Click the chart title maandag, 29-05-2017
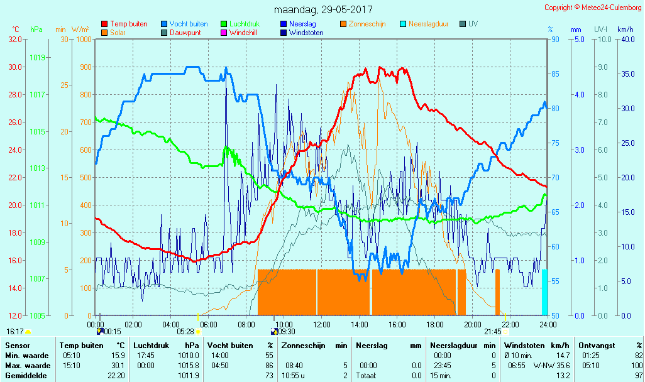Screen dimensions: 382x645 [x=323, y=10]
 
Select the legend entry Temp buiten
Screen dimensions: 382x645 [x=128, y=24]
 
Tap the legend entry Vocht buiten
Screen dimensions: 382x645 [x=188, y=24]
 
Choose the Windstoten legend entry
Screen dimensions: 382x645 [x=306, y=33]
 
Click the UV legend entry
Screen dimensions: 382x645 [x=473, y=24]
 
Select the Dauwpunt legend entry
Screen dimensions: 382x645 [x=185, y=33]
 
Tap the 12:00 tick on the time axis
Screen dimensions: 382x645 [x=322, y=324]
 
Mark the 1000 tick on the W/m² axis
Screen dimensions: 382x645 [x=84, y=39]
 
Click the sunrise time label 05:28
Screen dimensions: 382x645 [x=185, y=331]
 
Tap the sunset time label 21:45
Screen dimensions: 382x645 [x=492, y=331]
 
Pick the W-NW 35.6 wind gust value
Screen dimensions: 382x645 [x=551, y=366]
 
